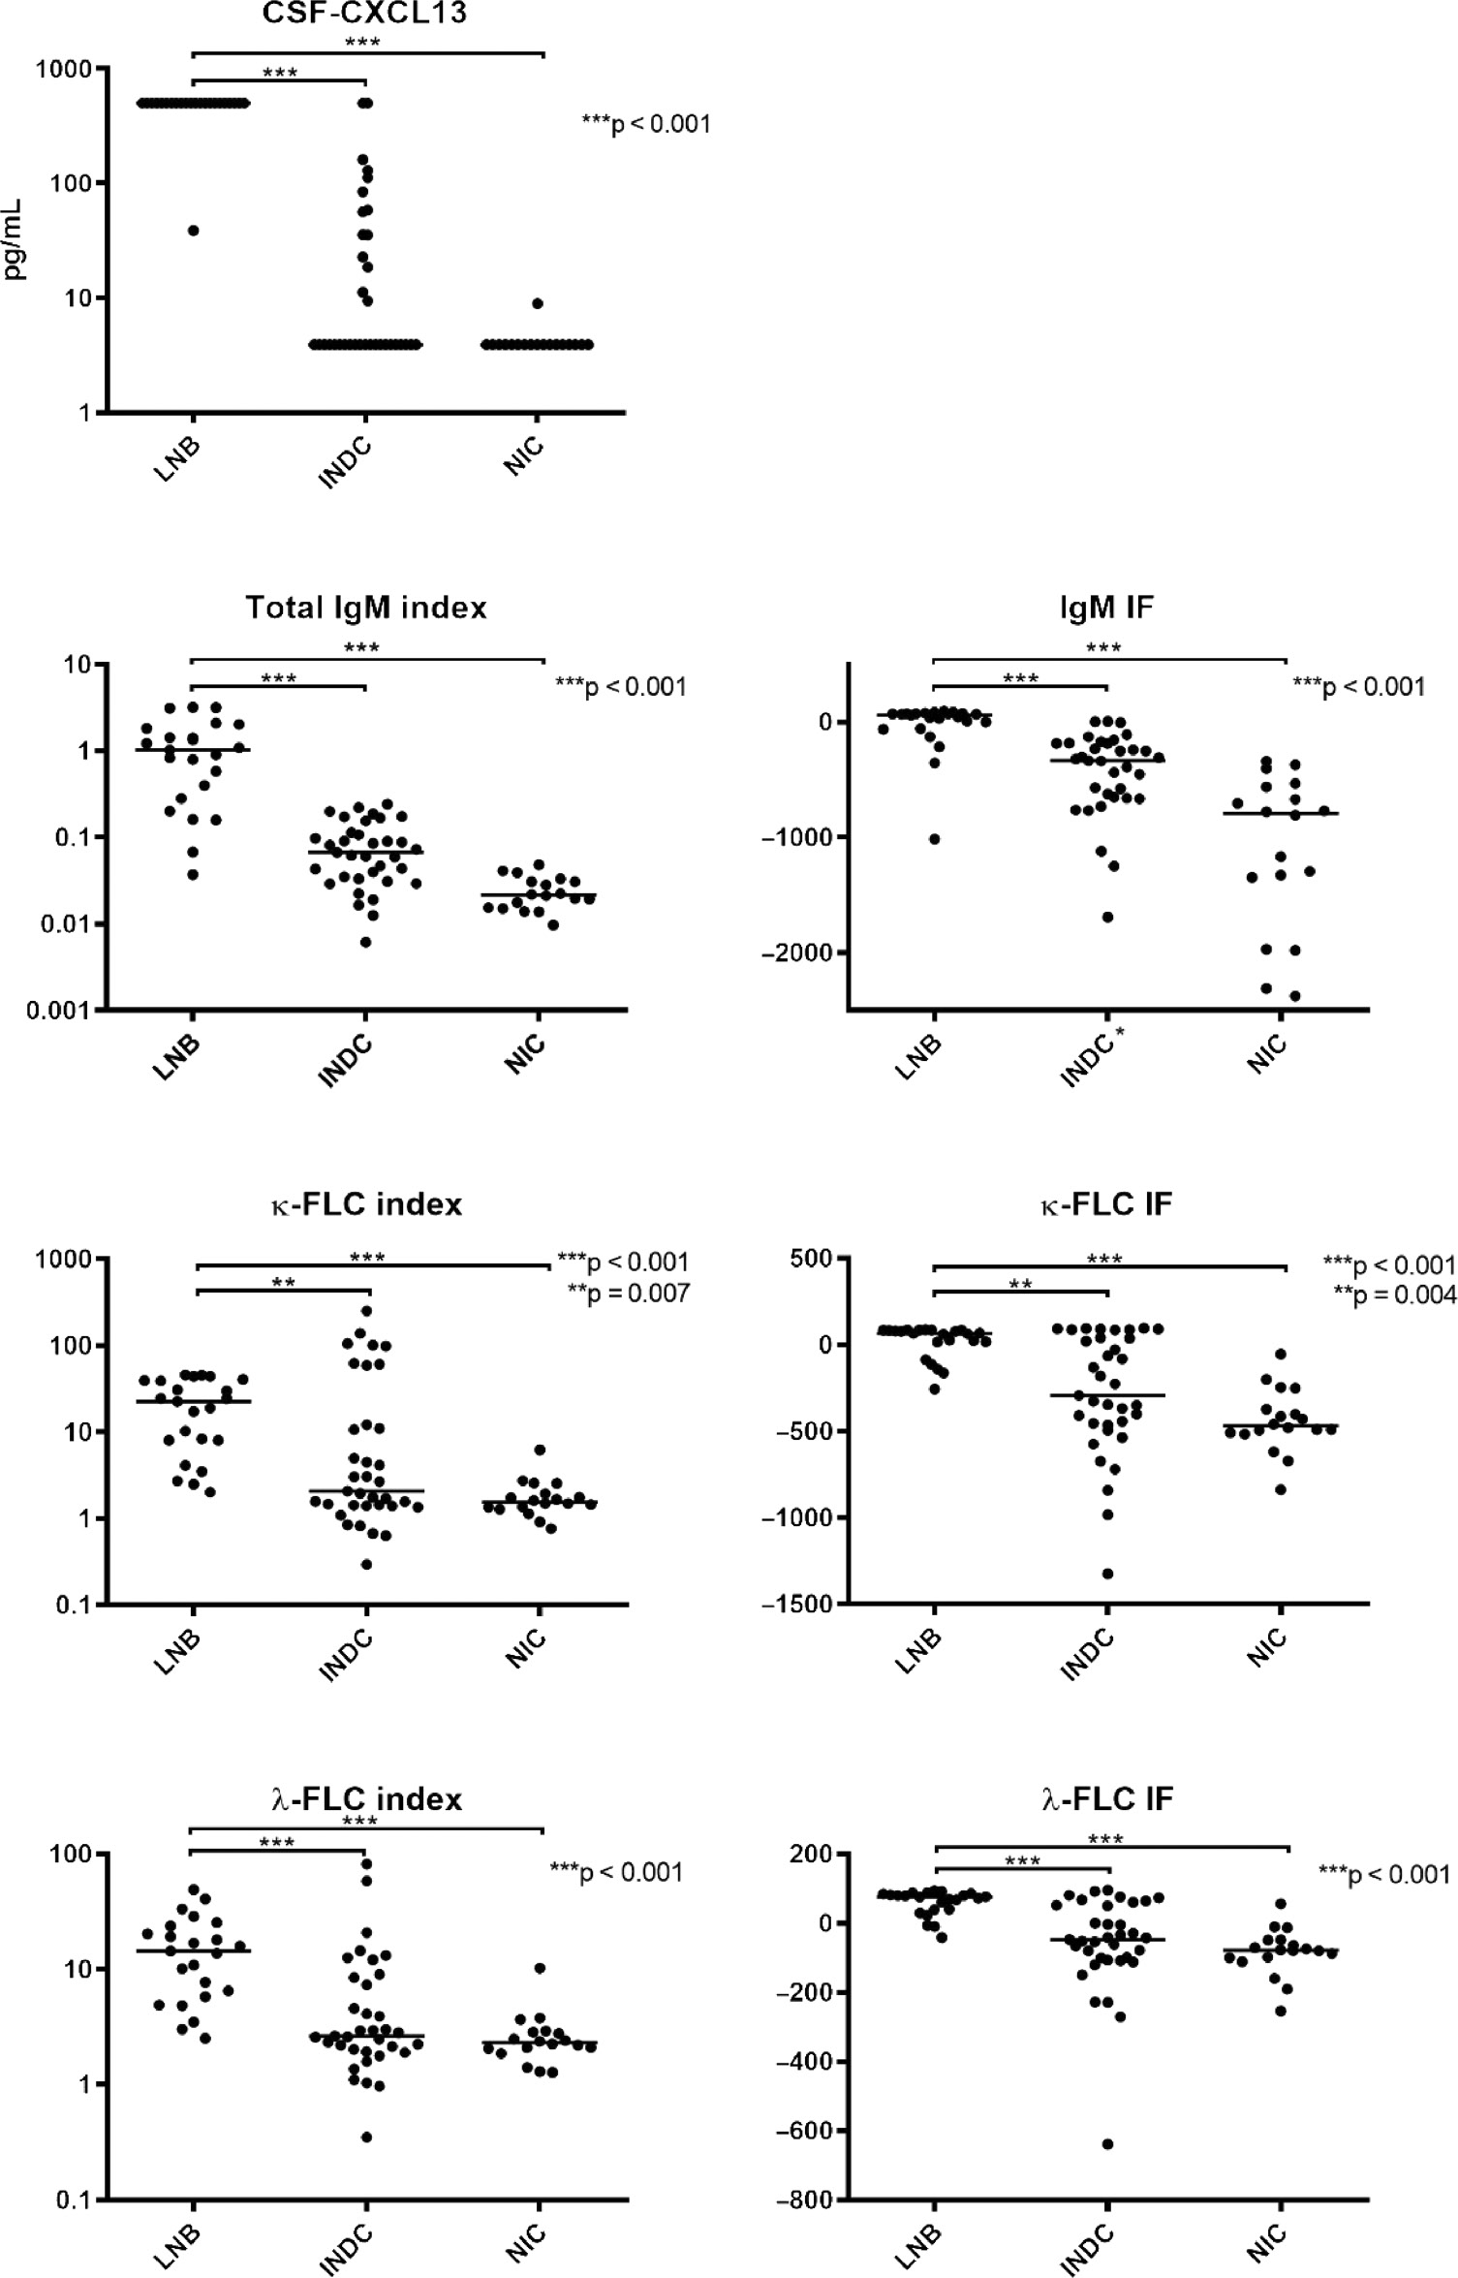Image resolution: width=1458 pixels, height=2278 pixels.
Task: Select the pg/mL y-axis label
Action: [x=14, y=240]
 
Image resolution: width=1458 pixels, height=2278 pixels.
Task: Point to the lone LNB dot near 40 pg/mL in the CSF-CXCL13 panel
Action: [x=193, y=231]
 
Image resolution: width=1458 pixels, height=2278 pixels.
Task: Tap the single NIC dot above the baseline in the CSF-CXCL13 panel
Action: [x=538, y=303]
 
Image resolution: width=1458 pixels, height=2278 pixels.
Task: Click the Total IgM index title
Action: [x=365, y=608]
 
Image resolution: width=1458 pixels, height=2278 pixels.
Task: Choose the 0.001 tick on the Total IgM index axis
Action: [x=59, y=1011]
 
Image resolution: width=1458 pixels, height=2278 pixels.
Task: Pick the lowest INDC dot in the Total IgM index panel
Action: [x=365, y=942]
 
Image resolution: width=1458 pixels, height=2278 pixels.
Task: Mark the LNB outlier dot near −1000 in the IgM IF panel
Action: [x=935, y=839]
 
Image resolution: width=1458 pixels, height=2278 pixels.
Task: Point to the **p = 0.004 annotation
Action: [x=1394, y=1295]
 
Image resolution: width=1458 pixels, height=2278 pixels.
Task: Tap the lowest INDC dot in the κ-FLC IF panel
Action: [x=1107, y=1574]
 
